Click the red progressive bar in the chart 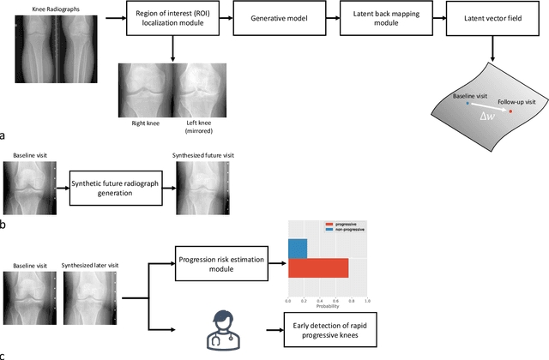click(317, 268)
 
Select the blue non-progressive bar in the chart click(298, 249)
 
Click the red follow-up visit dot click(512, 111)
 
